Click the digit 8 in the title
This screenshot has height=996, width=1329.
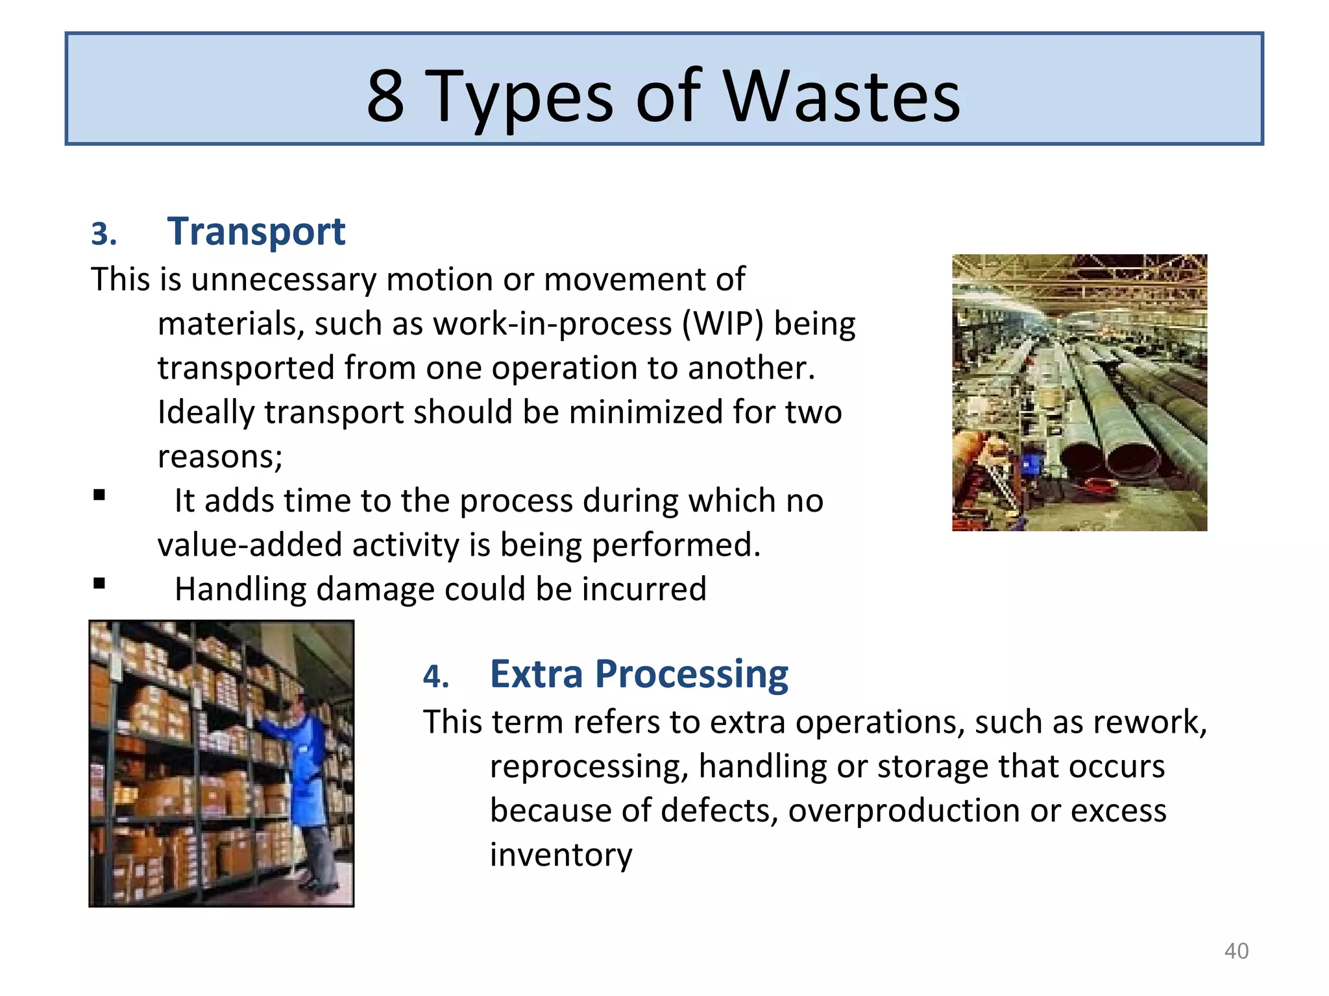click(x=385, y=97)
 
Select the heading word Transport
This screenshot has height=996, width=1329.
click(x=256, y=231)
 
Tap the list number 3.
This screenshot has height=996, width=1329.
click(x=104, y=234)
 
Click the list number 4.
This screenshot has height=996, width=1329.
click(x=435, y=677)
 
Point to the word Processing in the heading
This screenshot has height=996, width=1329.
click(x=691, y=674)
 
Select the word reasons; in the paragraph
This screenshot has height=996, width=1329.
click(x=220, y=456)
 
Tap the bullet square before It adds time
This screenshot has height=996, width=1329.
click(x=99, y=495)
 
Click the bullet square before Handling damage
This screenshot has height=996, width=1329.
click(x=99, y=583)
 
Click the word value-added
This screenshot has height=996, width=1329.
click(x=250, y=545)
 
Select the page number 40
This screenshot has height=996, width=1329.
click(x=1236, y=951)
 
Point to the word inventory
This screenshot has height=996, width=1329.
click(x=561, y=855)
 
